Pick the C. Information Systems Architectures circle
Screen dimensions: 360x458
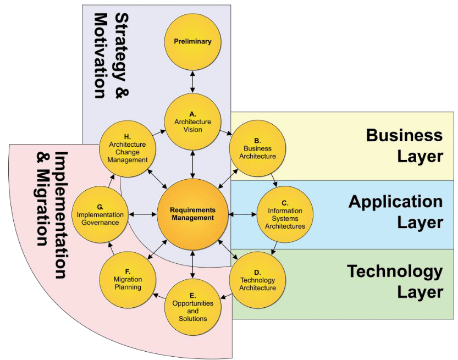point(284,214)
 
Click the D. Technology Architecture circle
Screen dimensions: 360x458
point(257,280)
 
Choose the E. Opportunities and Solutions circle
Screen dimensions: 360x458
point(192,308)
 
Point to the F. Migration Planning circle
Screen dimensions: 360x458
point(128,280)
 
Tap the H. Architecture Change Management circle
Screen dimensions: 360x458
point(128,149)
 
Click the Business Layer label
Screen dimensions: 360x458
point(404,146)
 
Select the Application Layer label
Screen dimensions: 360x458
point(395,212)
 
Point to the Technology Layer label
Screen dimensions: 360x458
point(394,281)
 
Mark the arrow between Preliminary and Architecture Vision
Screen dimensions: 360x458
point(192,82)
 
